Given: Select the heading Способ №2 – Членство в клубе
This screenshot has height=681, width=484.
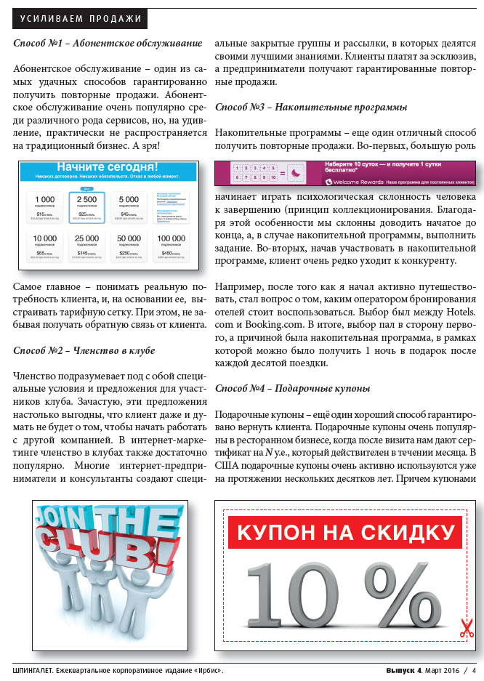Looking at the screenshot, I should (84, 350).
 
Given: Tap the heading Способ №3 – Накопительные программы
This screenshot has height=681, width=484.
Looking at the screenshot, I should (311, 107).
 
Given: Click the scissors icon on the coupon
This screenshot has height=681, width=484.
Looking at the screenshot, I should (467, 629).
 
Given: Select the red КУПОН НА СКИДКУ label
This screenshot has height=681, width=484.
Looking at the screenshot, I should (345, 532).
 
